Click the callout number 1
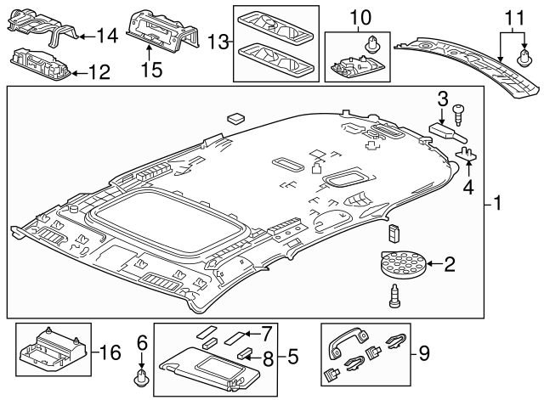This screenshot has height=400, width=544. (498, 205)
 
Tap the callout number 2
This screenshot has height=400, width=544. (450, 266)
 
